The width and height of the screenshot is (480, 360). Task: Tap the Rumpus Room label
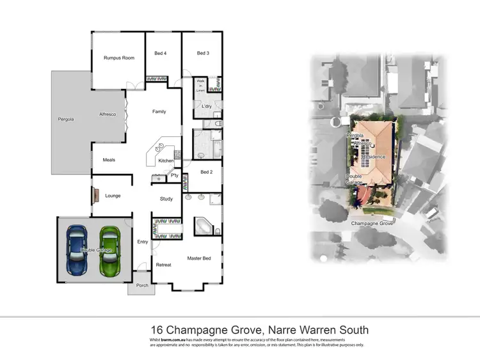[x=119, y=58]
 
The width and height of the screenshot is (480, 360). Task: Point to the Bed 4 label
[x=161, y=53]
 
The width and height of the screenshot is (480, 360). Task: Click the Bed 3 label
[x=203, y=53]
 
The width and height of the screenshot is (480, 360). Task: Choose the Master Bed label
[x=199, y=258]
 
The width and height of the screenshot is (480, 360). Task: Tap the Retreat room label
[x=163, y=265]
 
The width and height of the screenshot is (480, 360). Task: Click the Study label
[x=166, y=199]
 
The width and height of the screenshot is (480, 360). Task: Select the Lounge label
[x=113, y=196]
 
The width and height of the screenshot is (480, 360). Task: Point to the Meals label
[x=109, y=160]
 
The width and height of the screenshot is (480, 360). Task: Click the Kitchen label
[x=166, y=160]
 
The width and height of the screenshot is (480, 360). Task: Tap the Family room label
[x=159, y=112]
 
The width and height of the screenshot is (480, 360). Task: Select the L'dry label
[x=207, y=106]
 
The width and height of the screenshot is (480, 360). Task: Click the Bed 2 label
[x=206, y=172]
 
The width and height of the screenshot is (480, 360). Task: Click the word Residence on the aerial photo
[x=373, y=157]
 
